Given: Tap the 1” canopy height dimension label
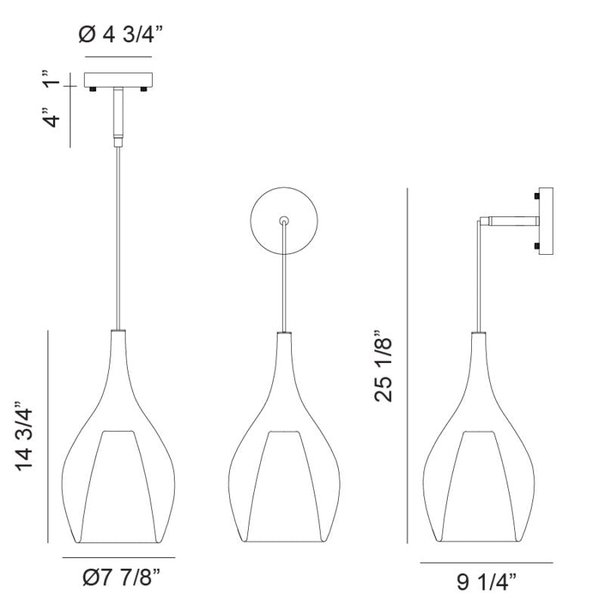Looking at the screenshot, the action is tap(52, 79).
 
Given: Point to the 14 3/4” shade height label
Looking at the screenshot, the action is tap(24, 436).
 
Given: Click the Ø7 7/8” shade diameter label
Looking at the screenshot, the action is tap(121, 577).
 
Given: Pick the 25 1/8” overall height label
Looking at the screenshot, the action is tap(383, 366).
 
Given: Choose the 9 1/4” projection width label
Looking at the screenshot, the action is tap(486, 582).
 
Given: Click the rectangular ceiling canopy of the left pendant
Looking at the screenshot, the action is tap(119, 80).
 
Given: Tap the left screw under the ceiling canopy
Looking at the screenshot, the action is tap(92, 89).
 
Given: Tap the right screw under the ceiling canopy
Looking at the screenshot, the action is tap(144, 89).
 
